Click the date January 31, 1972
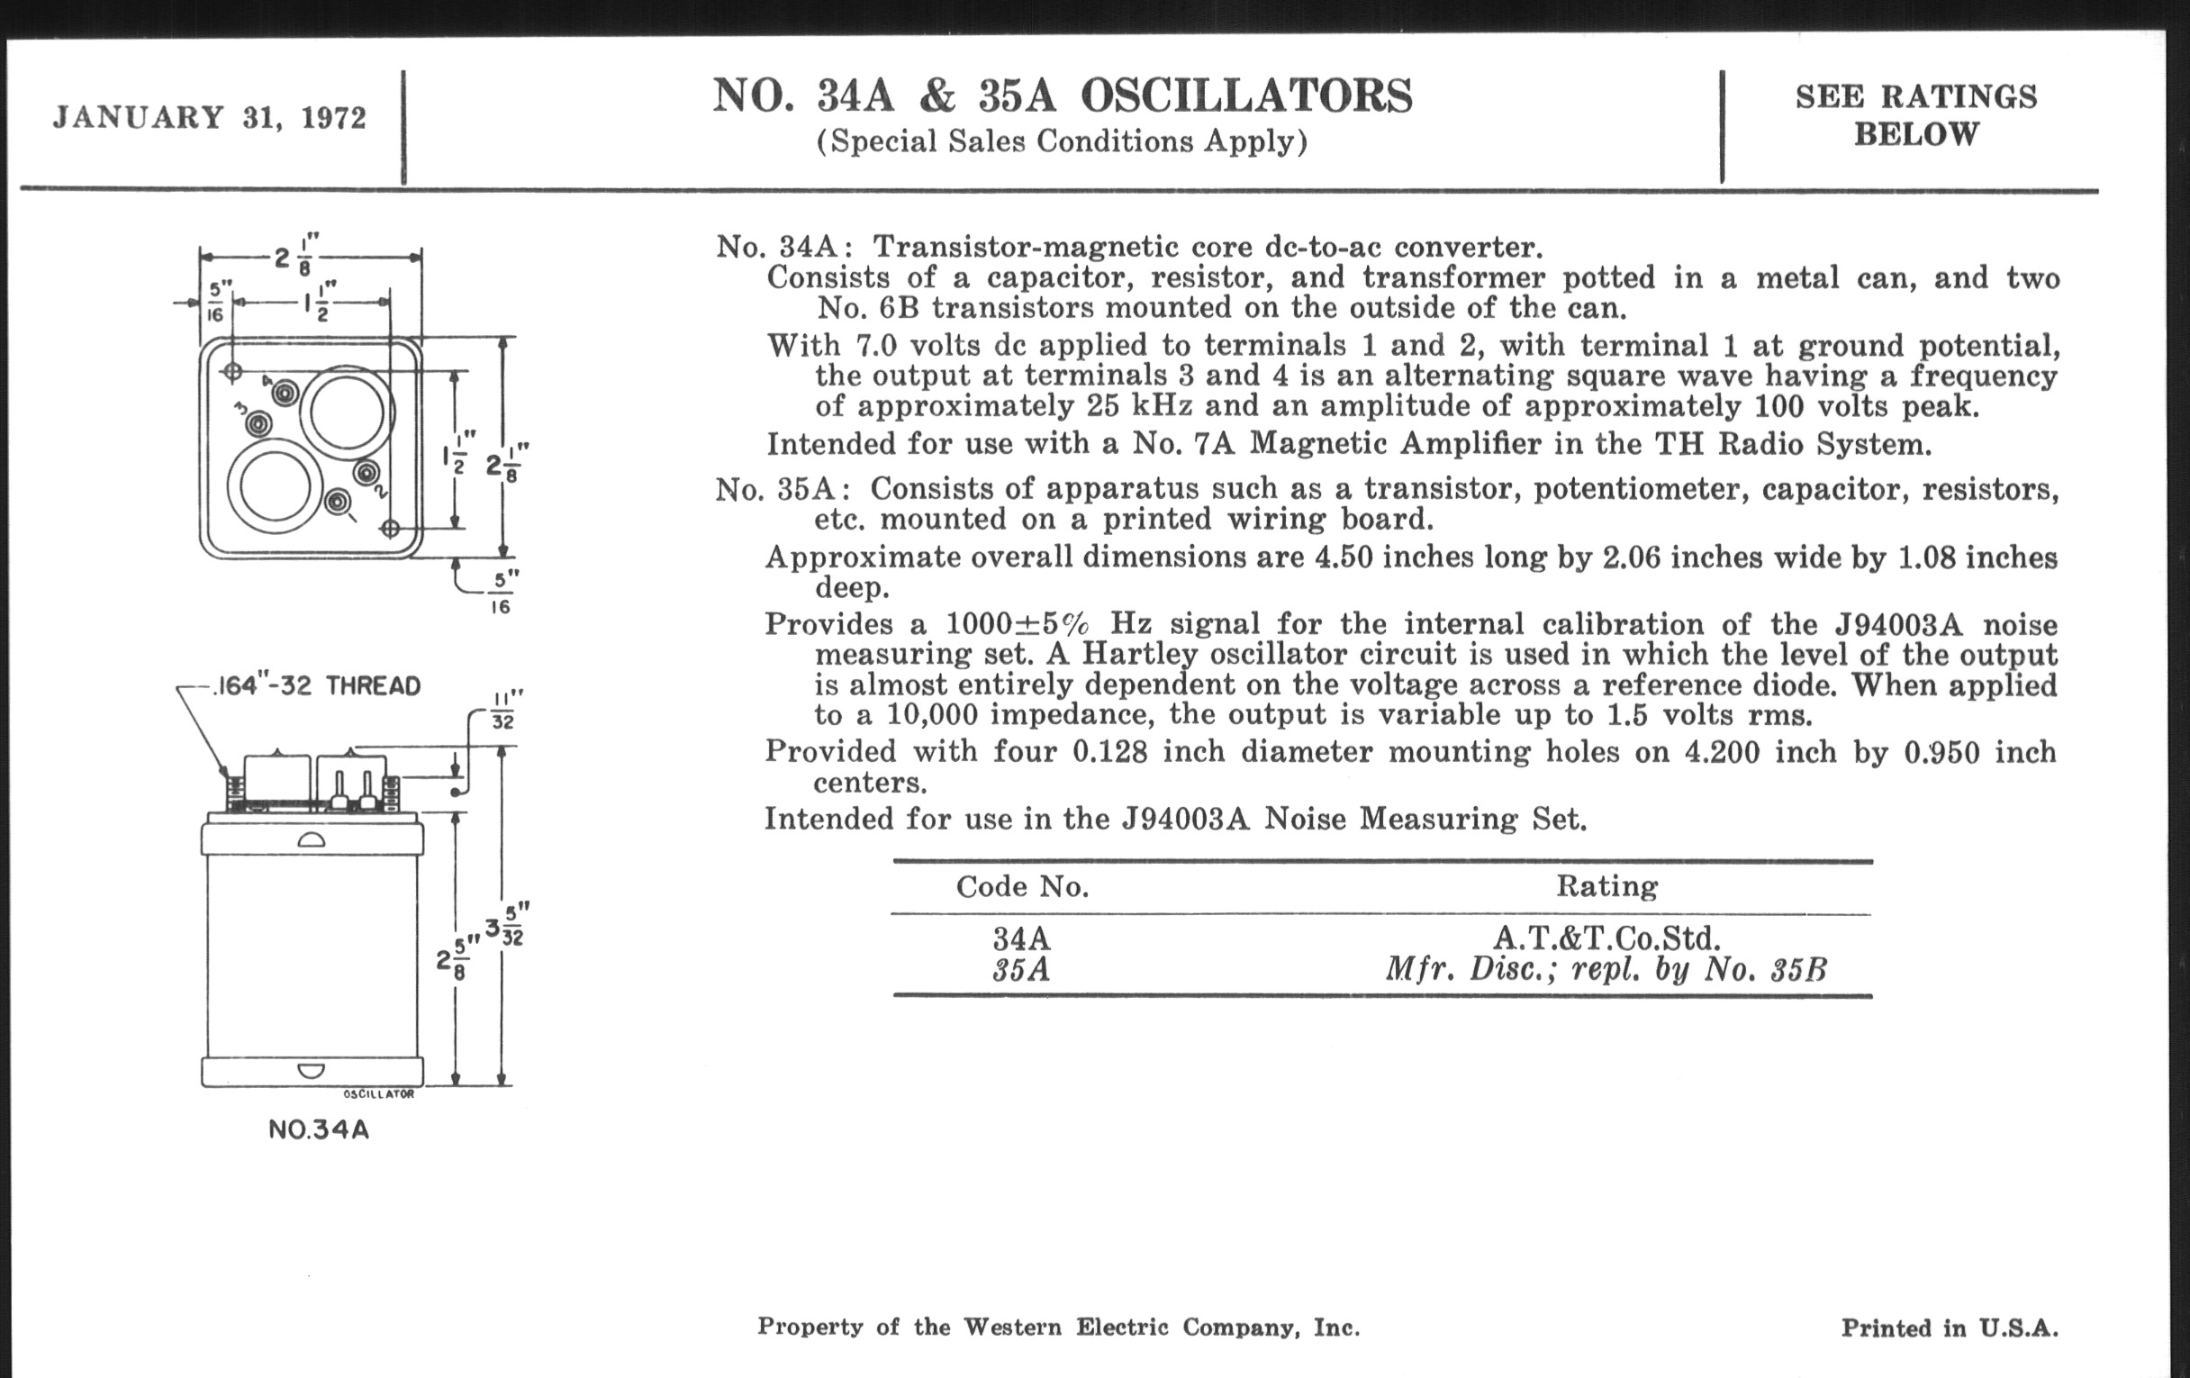(x=209, y=118)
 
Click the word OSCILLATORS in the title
(x=1246, y=95)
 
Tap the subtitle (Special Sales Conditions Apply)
(x=1062, y=142)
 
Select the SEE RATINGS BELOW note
(x=1916, y=115)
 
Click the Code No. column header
(x=1022, y=887)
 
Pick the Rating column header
(x=1606, y=886)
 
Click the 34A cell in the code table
(x=1020, y=938)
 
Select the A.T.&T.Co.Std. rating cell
(x=1606, y=938)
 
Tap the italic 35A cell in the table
(x=1020, y=971)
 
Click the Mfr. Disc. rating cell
(x=1606, y=971)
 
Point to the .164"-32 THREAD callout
(x=316, y=685)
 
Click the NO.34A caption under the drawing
(x=318, y=1130)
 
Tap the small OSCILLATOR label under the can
(x=379, y=1094)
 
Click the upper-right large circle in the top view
(x=347, y=411)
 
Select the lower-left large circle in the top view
(x=275, y=485)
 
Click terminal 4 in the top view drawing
(x=285, y=393)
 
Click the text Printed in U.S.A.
(x=1949, y=1328)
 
